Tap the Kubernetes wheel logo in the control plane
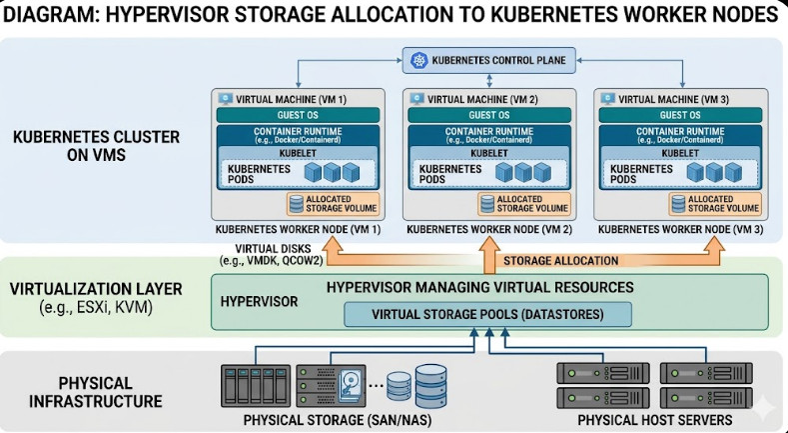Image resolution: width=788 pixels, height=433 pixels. (x=417, y=61)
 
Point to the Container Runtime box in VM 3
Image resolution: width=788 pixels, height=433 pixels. (x=680, y=136)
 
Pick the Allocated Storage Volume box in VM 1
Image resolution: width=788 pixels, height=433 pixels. (x=323, y=204)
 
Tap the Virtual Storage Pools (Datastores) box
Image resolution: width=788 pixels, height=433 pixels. (x=488, y=314)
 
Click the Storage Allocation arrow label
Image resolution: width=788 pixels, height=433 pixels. (x=561, y=261)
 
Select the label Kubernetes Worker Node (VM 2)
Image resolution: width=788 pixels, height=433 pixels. (x=488, y=229)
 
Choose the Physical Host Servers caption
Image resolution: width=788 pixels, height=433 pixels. (x=649, y=419)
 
